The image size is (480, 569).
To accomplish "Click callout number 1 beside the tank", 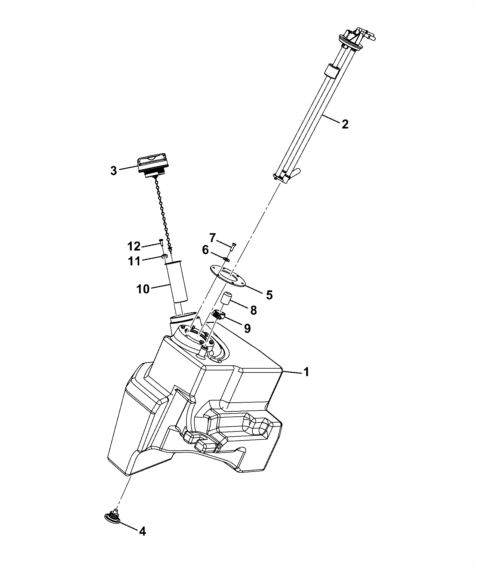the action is pyautogui.click(x=306, y=372).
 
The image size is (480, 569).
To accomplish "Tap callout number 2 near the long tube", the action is pyautogui.click(x=345, y=124).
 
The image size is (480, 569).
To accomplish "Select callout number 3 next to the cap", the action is pyautogui.click(x=113, y=171).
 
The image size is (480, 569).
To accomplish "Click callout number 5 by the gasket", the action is pyautogui.click(x=269, y=295).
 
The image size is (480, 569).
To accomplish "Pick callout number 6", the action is pyautogui.click(x=205, y=250).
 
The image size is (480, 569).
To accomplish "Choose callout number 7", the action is pyautogui.click(x=212, y=238).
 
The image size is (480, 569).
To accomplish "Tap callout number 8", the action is pyautogui.click(x=253, y=310).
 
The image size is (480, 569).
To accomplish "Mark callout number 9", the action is pyautogui.click(x=247, y=328).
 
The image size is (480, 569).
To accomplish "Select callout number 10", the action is pyautogui.click(x=143, y=289).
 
